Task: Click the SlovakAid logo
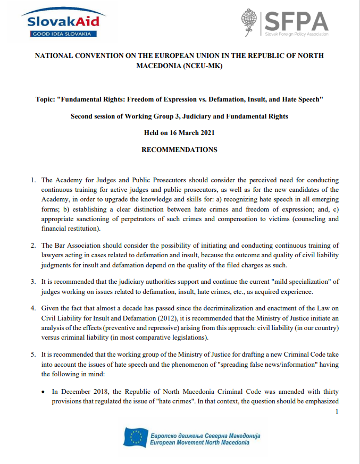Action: (x=63, y=23)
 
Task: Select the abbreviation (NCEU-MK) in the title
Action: (x=199, y=66)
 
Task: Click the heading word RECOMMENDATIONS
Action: (x=179, y=150)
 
